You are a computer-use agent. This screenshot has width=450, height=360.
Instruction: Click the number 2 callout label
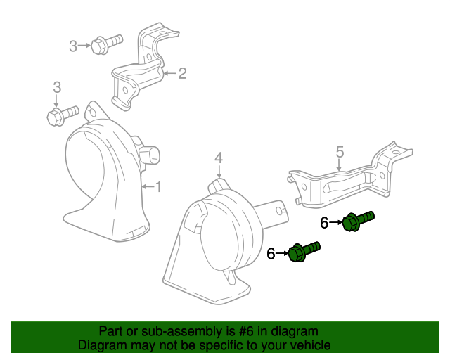tap(182, 73)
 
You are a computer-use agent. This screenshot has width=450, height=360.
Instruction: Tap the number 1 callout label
tap(158, 186)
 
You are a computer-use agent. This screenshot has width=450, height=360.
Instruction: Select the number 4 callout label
tap(219, 157)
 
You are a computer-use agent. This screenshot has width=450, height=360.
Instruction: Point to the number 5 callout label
tap(339, 152)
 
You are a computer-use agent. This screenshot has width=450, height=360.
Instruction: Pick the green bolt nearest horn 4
tap(304, 251)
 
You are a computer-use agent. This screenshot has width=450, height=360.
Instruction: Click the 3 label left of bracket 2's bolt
tap(73, 46)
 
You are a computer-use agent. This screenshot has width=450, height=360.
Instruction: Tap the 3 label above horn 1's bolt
tap(57, 87)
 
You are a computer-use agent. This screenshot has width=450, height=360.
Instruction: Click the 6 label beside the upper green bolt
tap(324, 223)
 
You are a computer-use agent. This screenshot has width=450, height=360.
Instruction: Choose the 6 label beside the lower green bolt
tap(271, 254)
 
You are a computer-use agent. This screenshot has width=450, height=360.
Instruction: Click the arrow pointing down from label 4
tap(219, 172)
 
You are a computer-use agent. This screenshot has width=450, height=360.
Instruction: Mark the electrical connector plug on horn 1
tap(150, 156)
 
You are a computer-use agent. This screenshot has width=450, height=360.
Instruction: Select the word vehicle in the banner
tap(307, 345)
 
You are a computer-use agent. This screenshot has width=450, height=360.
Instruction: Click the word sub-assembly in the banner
tap(168, 331)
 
